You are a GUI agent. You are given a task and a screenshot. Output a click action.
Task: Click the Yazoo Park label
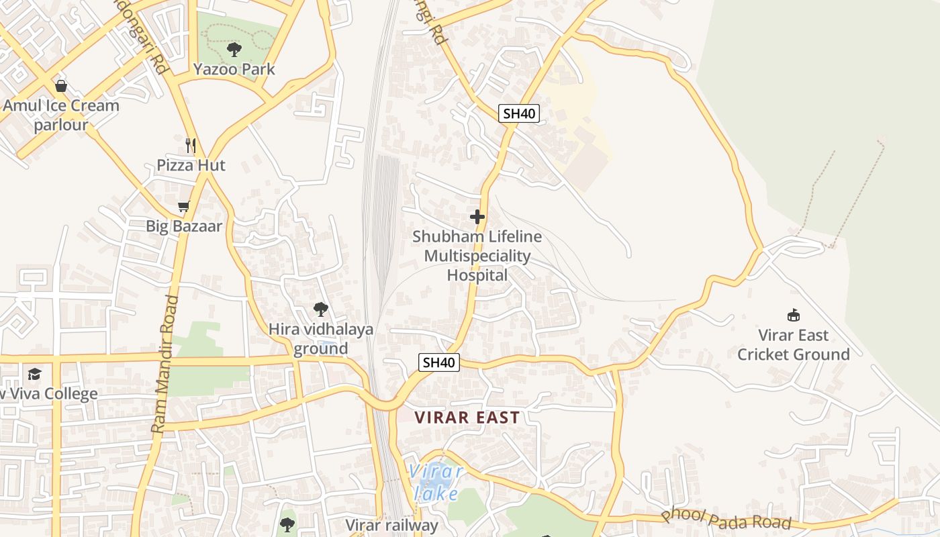coord(234,69)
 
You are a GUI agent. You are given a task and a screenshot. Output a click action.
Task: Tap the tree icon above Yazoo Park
coord(234,50)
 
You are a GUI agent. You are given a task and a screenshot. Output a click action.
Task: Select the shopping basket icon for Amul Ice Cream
coord(61,86)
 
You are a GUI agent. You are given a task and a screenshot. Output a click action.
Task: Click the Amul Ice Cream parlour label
coord(61,115)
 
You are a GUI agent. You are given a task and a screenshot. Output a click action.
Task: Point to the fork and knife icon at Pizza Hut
coord(191,145)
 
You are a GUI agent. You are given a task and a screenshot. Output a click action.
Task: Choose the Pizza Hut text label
coord(191,165)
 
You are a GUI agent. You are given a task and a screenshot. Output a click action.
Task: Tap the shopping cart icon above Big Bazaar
coord(183,207)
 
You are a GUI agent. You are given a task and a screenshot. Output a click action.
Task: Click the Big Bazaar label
coord(183,226)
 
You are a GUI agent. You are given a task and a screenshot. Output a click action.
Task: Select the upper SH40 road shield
coord(519,113)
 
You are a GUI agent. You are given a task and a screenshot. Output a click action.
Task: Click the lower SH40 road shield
coord(439,362)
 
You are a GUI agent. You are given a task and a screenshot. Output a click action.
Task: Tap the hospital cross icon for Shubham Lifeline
coord(477,217)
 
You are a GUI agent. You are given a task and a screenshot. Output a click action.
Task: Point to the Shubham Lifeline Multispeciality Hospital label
coord(477,256)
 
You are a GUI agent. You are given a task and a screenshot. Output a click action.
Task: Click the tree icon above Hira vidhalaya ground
coord(321,309)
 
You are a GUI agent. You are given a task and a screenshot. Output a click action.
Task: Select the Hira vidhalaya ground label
coord(321,339)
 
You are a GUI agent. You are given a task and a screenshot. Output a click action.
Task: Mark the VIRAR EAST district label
coord(467,418)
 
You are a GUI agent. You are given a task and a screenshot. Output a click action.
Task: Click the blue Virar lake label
coord(436,483)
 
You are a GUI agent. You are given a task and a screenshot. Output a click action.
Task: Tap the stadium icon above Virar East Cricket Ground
coord(794,315)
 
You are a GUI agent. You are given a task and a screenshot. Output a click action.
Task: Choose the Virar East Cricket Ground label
coord(794,344)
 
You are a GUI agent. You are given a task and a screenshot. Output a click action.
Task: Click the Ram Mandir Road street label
coord(165,363)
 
